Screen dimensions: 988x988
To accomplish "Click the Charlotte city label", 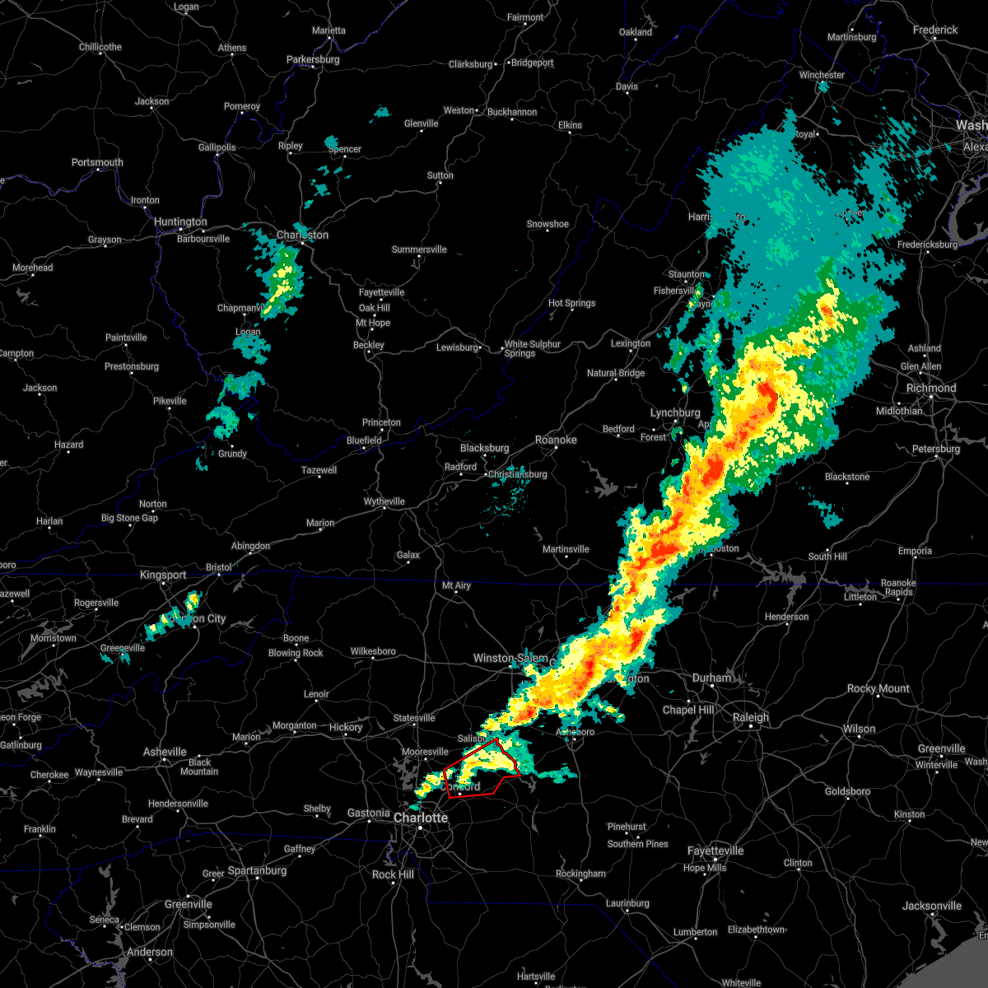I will coord(421,818).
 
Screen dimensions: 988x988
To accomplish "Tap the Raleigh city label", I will coord(751,718).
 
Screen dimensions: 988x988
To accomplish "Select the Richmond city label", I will coord(931,388).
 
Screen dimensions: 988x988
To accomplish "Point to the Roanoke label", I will coord(556,440).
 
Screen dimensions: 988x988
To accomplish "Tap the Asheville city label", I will coord(165,752).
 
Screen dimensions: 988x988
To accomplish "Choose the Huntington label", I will coord(180,222).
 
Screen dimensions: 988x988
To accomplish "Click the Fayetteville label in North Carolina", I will coord(715,851).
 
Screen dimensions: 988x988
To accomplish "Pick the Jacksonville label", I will coord(931,906).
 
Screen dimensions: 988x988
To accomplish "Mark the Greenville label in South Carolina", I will coord(188,904).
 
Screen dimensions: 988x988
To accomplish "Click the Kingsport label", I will coord(163,575).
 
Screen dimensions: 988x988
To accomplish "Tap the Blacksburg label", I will coord(485,449).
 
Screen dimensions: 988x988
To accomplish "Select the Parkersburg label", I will coord(313,60).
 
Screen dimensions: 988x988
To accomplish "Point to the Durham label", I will coord(711,678).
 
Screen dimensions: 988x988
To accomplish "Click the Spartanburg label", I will coord(257,871).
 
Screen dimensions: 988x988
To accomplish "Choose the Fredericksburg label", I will coord(927,245).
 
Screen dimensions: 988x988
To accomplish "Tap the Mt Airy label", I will coord(456,586).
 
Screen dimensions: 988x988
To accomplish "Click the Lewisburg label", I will coord(457,347).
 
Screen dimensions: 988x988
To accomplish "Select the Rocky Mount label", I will coord(878,688).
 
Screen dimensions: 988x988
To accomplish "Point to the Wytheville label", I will coord(384,501).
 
